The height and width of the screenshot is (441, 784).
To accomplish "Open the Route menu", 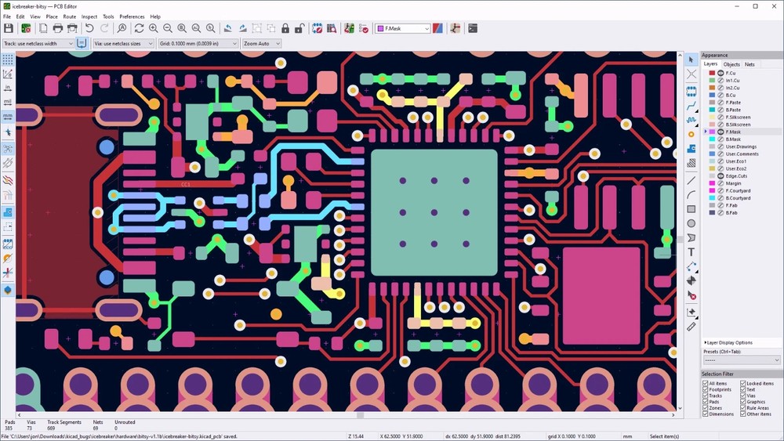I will [70, 16].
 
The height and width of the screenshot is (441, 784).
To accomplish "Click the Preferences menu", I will [132, 16].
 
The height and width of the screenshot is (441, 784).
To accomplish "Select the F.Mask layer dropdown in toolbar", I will [403, 28].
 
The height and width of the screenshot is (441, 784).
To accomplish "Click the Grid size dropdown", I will [198, 44].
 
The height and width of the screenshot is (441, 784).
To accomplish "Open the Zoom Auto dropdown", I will [261, 44].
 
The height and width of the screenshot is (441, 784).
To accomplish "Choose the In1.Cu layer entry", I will [732, 81].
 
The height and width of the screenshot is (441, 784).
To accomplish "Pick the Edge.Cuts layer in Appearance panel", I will [736, 176].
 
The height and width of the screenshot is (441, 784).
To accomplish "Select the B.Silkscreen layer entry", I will [738, 125].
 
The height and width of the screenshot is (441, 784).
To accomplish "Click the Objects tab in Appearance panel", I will [731, 64].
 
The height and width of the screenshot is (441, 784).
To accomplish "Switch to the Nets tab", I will [750, 64].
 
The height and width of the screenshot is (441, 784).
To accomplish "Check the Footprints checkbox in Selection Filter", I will [705, 389].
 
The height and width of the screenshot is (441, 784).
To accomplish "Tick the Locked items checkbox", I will [743, 383].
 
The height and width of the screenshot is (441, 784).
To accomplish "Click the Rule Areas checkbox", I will [743, 407].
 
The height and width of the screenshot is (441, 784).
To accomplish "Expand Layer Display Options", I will [729, 342].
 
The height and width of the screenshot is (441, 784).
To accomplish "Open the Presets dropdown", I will [742, 360].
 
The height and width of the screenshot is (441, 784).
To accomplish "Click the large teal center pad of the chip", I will [434, 212].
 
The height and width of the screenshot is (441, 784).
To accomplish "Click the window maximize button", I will [755, 6].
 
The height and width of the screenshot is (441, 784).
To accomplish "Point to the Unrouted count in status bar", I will [125, 428].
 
